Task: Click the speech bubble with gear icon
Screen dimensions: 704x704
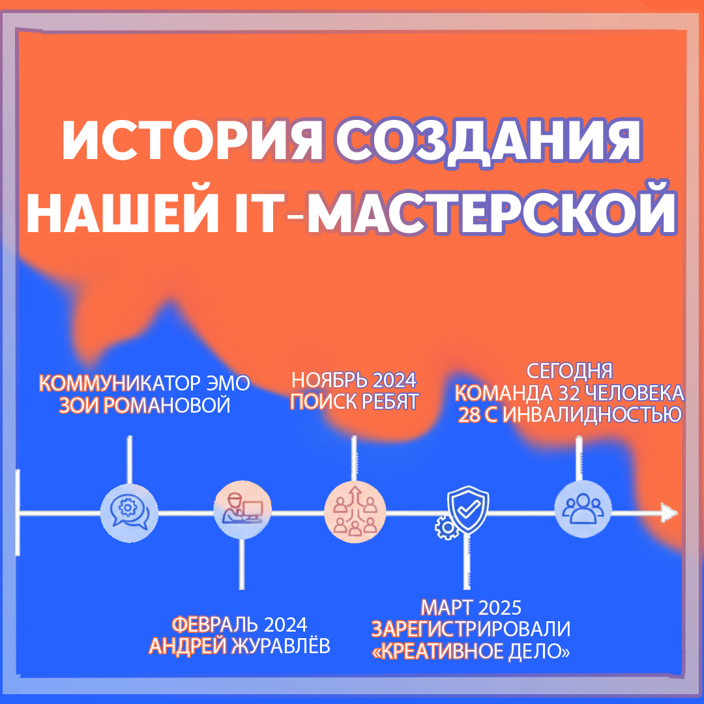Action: click(x=130, y=512)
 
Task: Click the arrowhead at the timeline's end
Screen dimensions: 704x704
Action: click(x=669, y=512)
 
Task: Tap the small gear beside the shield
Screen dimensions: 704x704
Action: click(x=446, y=527)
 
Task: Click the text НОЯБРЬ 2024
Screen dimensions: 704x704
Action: click(x=353, y=380)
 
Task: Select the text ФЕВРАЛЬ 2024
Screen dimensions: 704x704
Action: click(x=239, y=624)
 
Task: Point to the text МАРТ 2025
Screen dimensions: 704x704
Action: click(x=471, y=608)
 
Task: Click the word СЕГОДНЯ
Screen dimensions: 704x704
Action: click(x=570, y=371)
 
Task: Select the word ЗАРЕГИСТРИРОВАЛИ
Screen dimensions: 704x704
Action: click(x=471, y=629)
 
